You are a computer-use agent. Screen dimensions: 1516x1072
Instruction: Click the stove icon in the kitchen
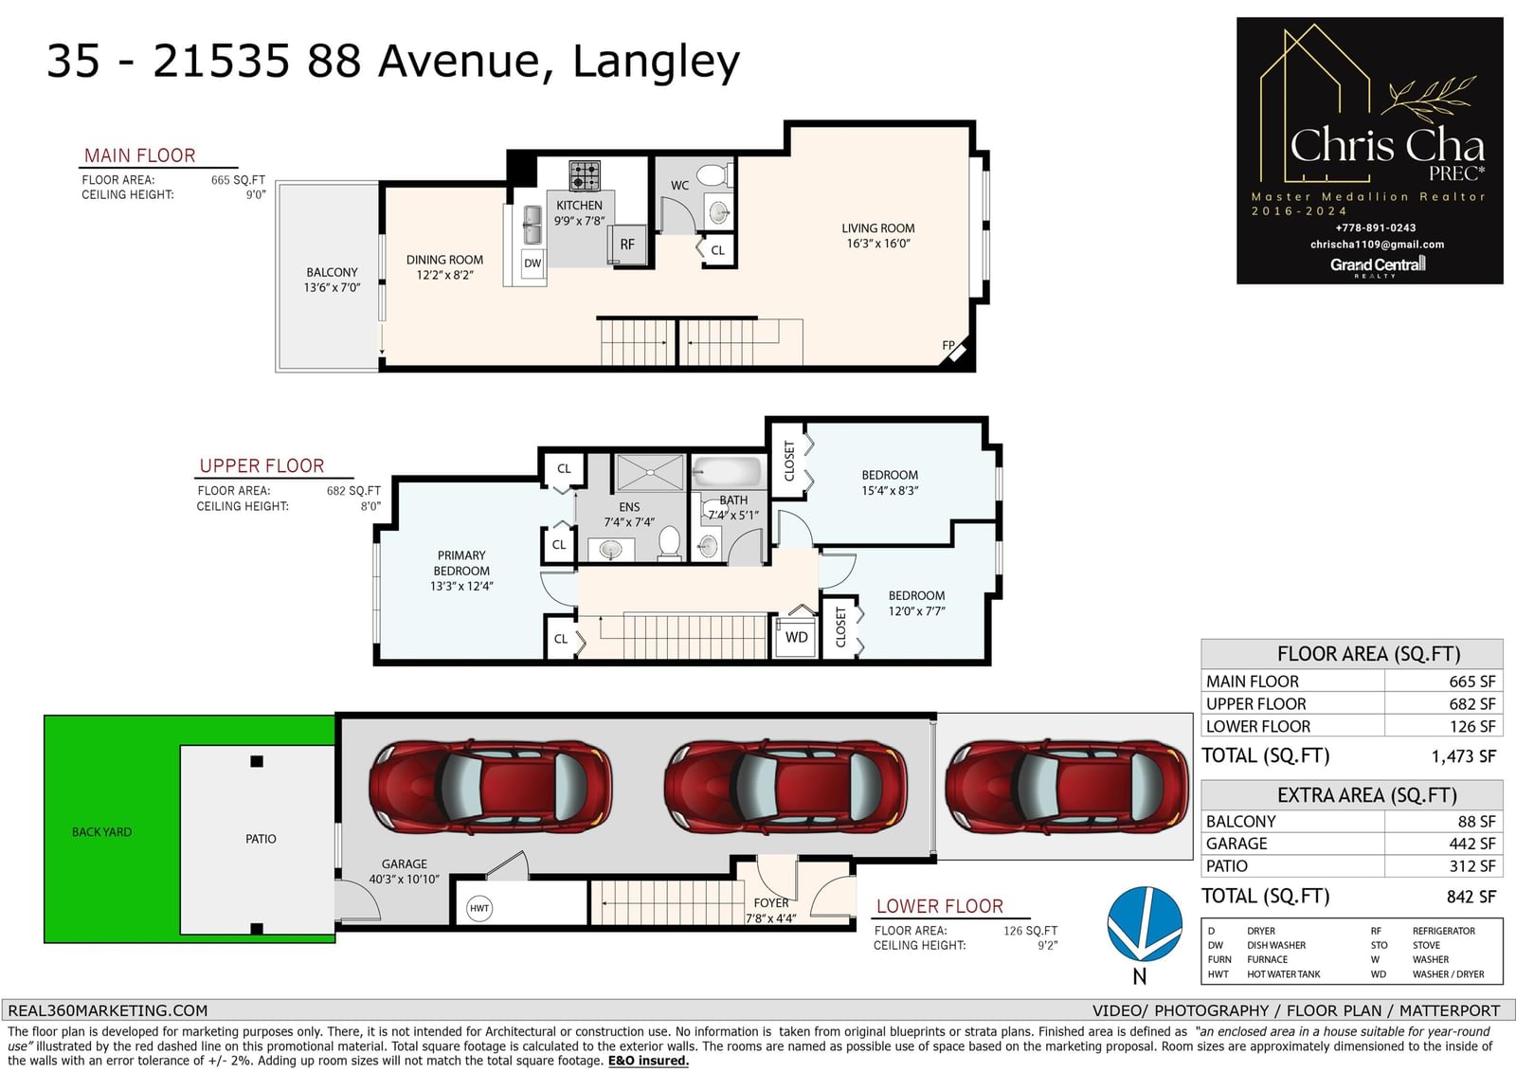[x=584, y=176]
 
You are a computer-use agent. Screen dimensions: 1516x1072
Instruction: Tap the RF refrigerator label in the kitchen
[x=627, y=245]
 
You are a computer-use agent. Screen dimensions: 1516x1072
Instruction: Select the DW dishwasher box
[x=532, y=263]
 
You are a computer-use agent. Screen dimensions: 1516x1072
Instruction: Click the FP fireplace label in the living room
[x=948, y=345]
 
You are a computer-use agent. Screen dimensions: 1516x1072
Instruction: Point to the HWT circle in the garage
[x=479, y=909]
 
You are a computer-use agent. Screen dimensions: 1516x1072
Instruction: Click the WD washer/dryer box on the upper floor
[x=796, y=637]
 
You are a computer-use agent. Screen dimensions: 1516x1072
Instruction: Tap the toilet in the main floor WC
[x=714, y=175]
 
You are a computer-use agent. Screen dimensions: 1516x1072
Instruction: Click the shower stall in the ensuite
[x=649, y=472]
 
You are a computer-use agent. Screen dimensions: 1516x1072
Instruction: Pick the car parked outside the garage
[x=1067, y=787]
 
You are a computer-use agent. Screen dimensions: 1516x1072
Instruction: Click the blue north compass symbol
[x=1145, y=924]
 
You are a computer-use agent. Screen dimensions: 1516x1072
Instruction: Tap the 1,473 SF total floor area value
[x=1463, y=756]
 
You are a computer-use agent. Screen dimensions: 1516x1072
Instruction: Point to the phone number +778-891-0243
[x=1375, y=228]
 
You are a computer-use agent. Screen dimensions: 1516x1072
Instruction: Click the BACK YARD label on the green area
[x=101, y=831]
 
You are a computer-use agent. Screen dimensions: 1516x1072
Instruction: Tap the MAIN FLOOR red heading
[x=139, y=155]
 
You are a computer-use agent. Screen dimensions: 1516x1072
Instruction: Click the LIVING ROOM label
[x=877, y=228]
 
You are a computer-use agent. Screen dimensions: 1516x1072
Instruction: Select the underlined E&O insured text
[x=648, y=1062]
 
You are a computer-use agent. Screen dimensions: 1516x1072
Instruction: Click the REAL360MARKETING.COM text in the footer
[x=108, y=1011]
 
